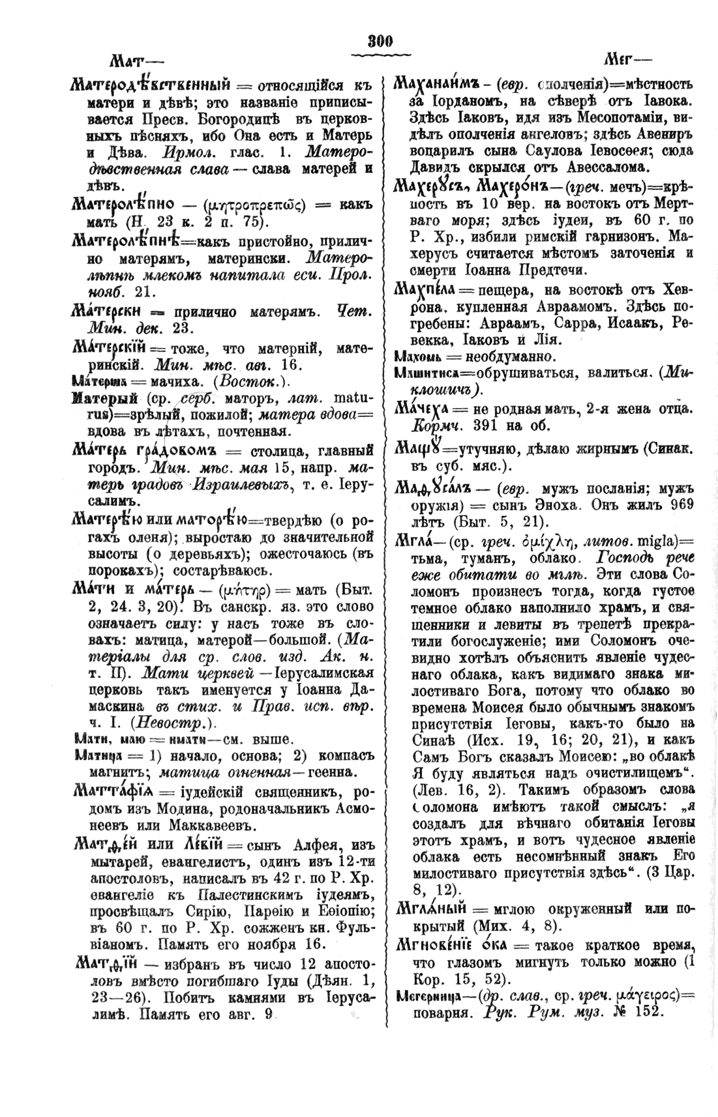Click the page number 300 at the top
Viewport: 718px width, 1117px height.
point(378,42)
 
